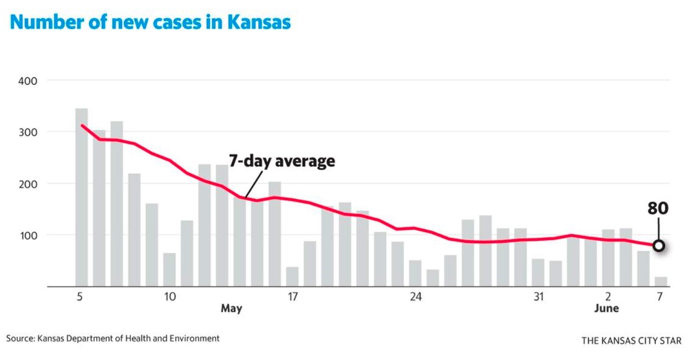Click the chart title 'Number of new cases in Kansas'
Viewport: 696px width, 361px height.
pos(150,23)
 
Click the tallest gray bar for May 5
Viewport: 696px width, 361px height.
pos(81,197)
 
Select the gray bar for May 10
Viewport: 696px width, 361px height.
pos(169,270)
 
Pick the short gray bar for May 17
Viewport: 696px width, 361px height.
pos(292,277)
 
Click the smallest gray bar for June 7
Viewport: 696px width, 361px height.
pos(661,282)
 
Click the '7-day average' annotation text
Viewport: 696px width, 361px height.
pos(281,161)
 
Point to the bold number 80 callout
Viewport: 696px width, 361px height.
pos(658,208)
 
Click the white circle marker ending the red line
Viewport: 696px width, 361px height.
pos(659,246)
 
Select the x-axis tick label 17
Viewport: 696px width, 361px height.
pos(292,297)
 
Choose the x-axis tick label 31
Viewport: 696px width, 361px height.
pos(539,297)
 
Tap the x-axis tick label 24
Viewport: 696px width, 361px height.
pos(415,297)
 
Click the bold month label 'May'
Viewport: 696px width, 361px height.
pos(231,309)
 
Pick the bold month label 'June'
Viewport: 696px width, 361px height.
pos(606,309)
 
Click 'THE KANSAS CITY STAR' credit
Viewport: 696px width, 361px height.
pos(631,341)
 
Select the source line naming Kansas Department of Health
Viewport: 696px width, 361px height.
pos(113,338)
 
